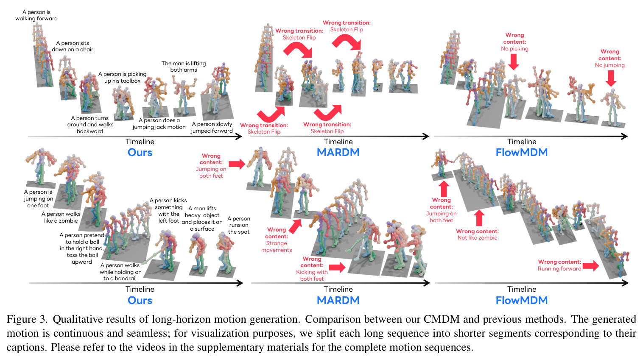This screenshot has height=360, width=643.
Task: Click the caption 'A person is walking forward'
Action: pyautogui.click(x=36, y=15)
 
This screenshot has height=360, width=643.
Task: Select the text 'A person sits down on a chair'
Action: pyautogui.click(x=73, y=46)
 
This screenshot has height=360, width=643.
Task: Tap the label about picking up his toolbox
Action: pyautogui.click(x=122, y=78)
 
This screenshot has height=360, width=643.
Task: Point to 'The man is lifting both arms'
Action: pyautogui.click(x=184, y=66)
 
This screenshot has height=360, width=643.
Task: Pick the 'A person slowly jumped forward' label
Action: pyautogui.click(x=212, y=128)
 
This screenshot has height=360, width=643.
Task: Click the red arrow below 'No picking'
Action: pyautogui.click(x=514, y=62)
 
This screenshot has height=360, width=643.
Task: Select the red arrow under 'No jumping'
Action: pyautogui.click(x=611, y=78)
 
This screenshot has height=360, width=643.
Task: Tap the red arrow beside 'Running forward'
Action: pyautogui.click(x=591, y=265)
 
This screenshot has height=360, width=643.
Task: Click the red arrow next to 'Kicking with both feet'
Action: pyautogui.click(x=337, y=268)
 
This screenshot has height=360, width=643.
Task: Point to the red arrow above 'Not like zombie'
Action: pyautogui.click(x=478, y=218)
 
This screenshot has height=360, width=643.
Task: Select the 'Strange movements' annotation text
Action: pyautogui.click(x=277, y=247)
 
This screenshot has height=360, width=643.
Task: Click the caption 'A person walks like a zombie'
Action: pyautogui.click(x=61, y=218)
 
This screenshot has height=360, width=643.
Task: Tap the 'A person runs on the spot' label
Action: pyautogui.click(x=238, y=225)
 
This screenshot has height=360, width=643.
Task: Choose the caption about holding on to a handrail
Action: pyautogui.click(x=120, y=272)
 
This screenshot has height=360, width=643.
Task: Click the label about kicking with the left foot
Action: pyautogui.click(x=168, y=211)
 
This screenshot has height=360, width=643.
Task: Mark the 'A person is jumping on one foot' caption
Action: pyautogui.click(x=38, y=199)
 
